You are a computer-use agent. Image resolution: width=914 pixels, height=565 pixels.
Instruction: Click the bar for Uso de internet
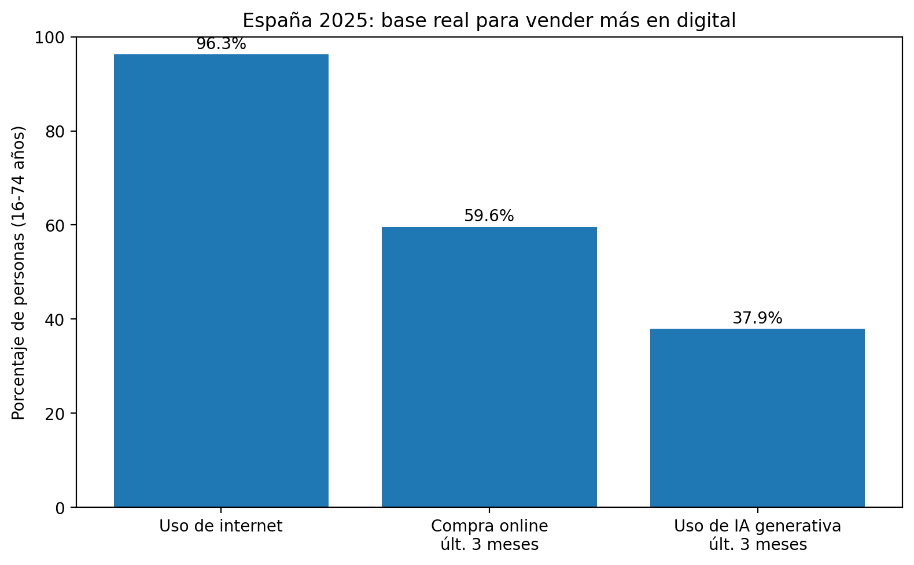tap(221, 281)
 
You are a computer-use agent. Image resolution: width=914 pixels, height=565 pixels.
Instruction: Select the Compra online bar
tap(489, 367)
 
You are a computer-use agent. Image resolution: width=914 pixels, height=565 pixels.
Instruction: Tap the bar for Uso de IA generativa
tap(757, 418)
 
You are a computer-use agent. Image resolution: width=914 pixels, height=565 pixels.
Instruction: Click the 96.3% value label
tap(221, 44)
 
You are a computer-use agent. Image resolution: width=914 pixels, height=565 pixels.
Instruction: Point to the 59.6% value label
tap(489, 216)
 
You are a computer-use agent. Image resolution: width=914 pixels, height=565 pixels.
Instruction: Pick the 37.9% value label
tap(757, 318)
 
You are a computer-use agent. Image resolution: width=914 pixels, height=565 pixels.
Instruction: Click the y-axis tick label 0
tap(60, 508)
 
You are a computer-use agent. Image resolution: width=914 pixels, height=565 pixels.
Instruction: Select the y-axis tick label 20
tap(56, 414)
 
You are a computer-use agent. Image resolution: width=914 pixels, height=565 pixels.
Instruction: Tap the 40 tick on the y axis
tap(56, 319)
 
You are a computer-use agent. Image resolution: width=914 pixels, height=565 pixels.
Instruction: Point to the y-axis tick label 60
tap(56, 225)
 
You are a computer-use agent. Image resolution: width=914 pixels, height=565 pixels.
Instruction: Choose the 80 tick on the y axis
tap(56, 131)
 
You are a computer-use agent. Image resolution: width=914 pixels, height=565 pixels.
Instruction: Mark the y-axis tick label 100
tap(53, 38)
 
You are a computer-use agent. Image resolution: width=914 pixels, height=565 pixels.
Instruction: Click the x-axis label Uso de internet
tap(221, 526)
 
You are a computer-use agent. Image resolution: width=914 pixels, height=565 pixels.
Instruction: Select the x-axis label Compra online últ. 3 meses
tap(489, 535)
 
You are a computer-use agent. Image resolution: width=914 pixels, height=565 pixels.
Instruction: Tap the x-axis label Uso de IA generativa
tap(757, 535)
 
